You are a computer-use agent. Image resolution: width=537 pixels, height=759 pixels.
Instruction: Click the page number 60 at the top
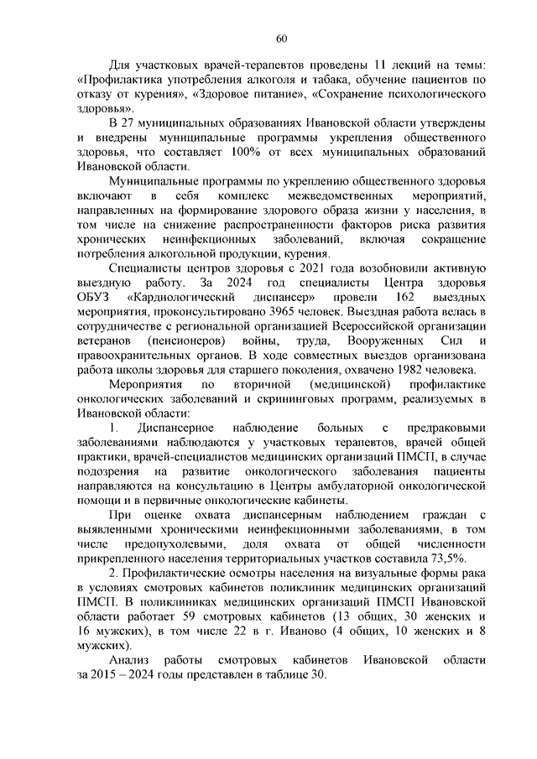click(282, 37)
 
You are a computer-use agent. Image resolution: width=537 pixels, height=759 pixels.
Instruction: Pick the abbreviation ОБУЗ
click(91, 300)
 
